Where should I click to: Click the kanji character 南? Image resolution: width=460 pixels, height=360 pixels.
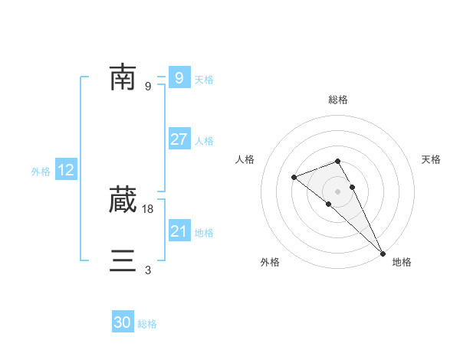[x=123, y=77]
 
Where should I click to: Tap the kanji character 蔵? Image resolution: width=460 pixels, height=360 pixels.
[x=123, y=200]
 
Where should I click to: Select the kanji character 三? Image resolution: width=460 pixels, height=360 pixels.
[x=123, y=261]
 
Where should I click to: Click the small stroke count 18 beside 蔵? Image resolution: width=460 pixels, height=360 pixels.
[x=149, y=208]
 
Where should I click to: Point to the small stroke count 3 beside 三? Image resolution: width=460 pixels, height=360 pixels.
[x=148, y=270]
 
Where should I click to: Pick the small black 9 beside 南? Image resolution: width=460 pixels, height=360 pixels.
[x=148, y=86]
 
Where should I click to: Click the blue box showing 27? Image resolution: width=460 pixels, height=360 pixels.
[x=179, y=139]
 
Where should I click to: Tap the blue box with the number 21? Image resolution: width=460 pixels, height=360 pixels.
[x=179, y=231]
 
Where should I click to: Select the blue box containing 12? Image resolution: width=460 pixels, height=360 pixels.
[x=66, y=170]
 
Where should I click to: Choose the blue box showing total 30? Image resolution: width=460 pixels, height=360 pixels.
[x=123, y=322]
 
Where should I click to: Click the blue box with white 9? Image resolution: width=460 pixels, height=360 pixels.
[x=179, y=77]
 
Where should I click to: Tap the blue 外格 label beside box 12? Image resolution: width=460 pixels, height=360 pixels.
[x=41, y=172]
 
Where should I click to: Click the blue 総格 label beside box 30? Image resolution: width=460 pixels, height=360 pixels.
[x=147, y=324]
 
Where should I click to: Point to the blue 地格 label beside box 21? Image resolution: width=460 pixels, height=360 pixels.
[x=204, y=233]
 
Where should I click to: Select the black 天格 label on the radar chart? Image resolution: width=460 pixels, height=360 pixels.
[x=432, y=159]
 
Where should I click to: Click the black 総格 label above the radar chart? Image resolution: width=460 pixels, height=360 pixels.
[x=338, y=100]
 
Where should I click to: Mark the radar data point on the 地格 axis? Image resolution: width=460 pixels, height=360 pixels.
[x=383, y=253]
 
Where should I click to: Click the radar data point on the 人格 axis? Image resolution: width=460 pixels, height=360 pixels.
[x=294, y=178]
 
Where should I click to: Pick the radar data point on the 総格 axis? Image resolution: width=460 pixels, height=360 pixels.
[x=338, y=161]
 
